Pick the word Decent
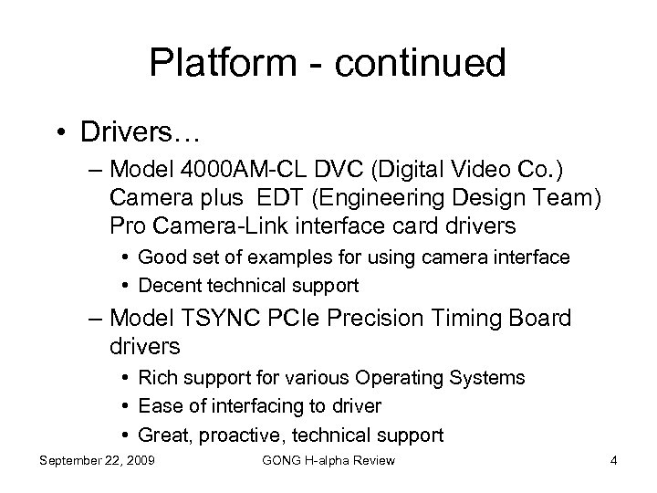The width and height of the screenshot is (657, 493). (167, 286)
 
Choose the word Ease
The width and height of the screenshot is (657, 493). (157, 405)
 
